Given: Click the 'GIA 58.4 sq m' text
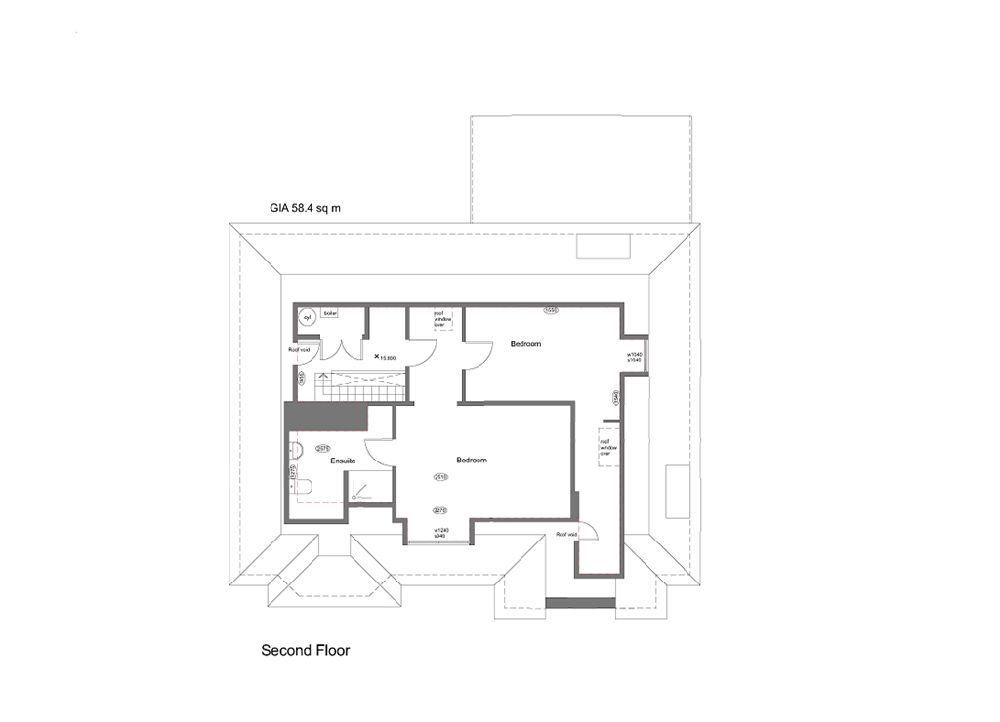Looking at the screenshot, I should click(305, 208).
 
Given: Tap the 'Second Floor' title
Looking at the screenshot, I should click(305, 649).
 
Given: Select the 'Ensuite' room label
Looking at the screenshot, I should click(343, 460).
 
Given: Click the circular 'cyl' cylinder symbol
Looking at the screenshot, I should click(306, 316).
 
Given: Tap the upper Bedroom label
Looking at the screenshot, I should click(525, 344).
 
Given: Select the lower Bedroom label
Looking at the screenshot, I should click(471, 460).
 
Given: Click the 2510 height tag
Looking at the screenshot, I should click(439, 477).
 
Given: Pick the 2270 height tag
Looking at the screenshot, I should click(439, 509).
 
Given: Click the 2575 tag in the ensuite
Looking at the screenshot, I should click(322, 449).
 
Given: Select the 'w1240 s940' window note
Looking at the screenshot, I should click(441, 533).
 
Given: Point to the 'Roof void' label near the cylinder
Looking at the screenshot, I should click(298, 349).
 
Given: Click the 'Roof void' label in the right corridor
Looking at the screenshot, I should click(566, 535).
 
